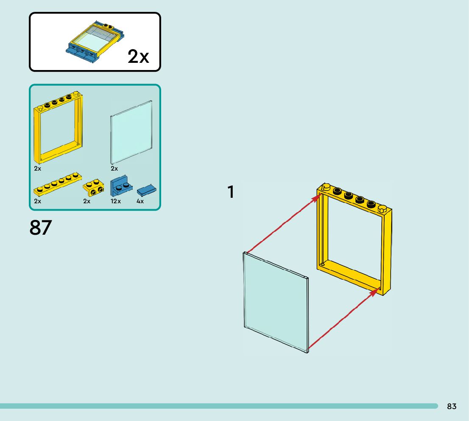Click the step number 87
(41, 227)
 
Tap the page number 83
(452, 406)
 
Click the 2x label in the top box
(138, 56)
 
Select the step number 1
(230, 192)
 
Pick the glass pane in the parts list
(131, 132)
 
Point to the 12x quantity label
(116, 201)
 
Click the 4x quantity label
(140, 201)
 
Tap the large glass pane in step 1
(275, 302)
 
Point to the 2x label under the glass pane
(114, 168)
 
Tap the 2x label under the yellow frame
(38, 168)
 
